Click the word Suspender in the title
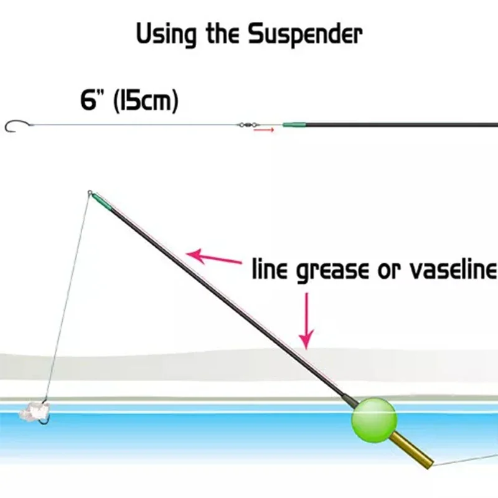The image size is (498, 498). (x=305, y=35)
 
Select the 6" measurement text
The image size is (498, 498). (x=93, y=100)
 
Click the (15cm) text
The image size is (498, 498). (x=146, y=101)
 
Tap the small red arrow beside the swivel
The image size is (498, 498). (x=263, y=130)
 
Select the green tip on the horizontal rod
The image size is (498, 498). (x=294, y=125)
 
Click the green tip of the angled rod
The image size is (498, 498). (x=101, y=202)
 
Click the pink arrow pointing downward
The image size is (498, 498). (x=306, y=321)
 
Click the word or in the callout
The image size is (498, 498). (x=388, y=271)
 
